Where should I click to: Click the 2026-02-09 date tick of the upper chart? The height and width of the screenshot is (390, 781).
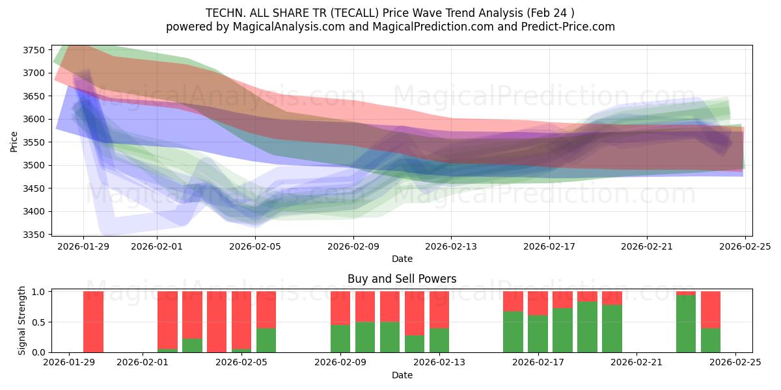pyautogui.click(x=353, y=246)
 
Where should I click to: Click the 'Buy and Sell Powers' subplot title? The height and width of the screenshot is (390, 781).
pyautogui.click(x=402, y=279)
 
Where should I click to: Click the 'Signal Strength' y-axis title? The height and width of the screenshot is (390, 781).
pyautogui.click(x=21, y=320)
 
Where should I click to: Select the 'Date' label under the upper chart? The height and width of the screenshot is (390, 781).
pyautogui.click(x=402, y=259)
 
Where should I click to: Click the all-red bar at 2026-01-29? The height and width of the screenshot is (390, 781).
pyautogui.click(x=93, y=322)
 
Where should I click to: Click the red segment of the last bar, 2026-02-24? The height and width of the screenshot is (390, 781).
pyautogui.click(x=711, y=309)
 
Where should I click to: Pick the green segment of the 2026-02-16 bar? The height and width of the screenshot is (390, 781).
pyautogui.click(x=513, y=331)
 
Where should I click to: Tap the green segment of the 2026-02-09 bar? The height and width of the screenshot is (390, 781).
pyautogui.click(x=340, y=338)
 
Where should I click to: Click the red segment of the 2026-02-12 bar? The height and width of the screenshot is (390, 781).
pyautogui.click(x=415, y=313)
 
